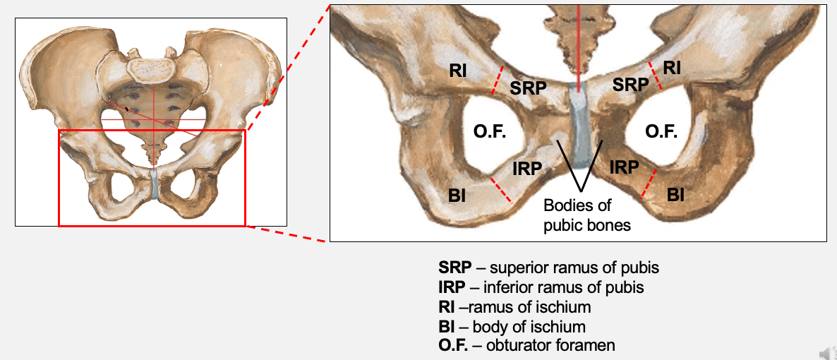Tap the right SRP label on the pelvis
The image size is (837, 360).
[x=630, y=85]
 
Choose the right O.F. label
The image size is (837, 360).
[x=661, y=132]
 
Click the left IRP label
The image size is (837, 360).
[x=527, y=169]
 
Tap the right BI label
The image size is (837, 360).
[x=675, y=195]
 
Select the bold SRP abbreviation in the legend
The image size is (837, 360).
[x=452, y=268]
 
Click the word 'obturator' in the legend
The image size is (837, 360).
[x=522, y=346]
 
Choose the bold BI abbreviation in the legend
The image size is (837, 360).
[x=447, y=327]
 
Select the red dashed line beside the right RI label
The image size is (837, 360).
[x=655, y=75]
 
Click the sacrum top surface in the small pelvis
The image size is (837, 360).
[x=150, y=68]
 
